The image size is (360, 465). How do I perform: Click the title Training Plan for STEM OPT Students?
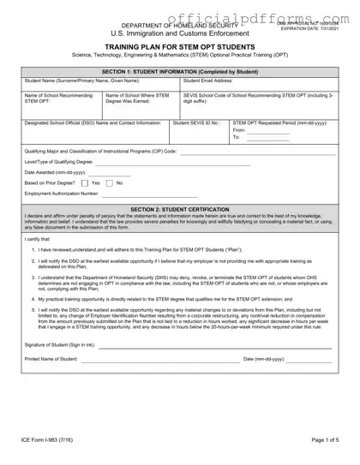coord(180,48)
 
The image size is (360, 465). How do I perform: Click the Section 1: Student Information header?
coord(180,70)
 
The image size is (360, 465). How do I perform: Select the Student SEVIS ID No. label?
coord(196,122)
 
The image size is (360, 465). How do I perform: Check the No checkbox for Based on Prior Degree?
coord(109,182)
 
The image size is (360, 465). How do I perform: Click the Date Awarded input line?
coord(113,171)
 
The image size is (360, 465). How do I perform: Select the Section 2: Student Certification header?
coord(180,209)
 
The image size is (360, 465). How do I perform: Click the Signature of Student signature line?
coord(214,347)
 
